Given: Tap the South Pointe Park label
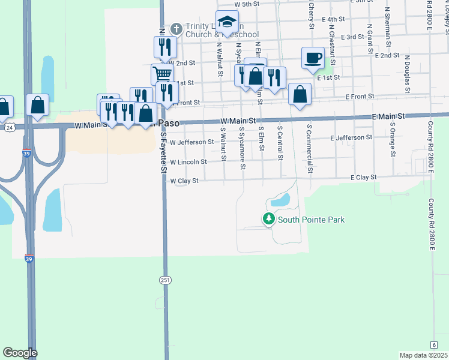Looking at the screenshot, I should [x=311, y=220].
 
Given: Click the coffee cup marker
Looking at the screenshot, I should [x=313, y=58].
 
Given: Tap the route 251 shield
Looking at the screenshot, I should [x=166, y=280].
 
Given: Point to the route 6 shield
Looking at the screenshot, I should [x=433, y=344].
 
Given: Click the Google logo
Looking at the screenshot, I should [x=20, y=353].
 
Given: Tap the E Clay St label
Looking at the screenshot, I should [x=364, y=178].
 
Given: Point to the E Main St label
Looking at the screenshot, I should [x=388, y=116].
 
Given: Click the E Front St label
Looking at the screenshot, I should [x=359, y=96].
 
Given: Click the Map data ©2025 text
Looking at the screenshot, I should [x=423, y=355].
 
